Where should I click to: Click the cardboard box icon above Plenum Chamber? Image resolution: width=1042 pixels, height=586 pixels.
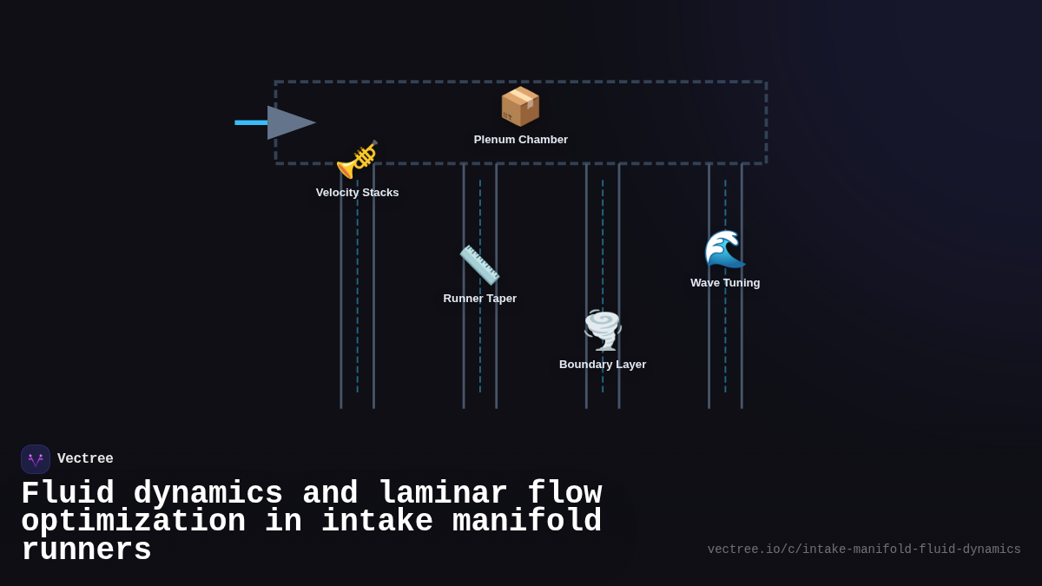click(x=520, y=106)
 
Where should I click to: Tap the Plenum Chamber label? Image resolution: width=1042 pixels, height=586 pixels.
click(x=520, y=140)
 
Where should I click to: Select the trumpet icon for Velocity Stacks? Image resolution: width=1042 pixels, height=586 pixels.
click(x=357, y=160)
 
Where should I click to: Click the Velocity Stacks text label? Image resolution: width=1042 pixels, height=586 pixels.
click(x=357, y=193)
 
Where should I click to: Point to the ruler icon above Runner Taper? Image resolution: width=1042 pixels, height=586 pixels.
click(x=479, y=265)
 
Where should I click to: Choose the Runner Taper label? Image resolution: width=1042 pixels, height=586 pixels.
click(x=479, y=299)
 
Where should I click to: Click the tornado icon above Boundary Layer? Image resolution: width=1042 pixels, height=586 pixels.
click(x=603, y=330)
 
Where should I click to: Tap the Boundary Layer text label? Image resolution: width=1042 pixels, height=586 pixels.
click(x=603, y=365)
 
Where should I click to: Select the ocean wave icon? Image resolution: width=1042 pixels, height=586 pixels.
click(x=725, y=250)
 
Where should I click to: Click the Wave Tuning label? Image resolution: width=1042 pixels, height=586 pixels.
click(x=725, y=283)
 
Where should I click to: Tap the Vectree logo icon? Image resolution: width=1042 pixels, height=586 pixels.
click(x=36, y=459)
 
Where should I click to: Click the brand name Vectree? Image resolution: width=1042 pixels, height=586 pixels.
click(x=85, y=459)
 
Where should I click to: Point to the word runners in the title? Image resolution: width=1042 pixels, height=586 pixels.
click(x=86, y=550)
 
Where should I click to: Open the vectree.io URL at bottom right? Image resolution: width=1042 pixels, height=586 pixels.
click(x=863, y=550)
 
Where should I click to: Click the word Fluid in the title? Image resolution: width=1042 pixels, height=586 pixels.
click(x=68, y=494)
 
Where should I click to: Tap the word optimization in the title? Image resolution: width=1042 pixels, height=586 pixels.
click(x=133, y=522)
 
